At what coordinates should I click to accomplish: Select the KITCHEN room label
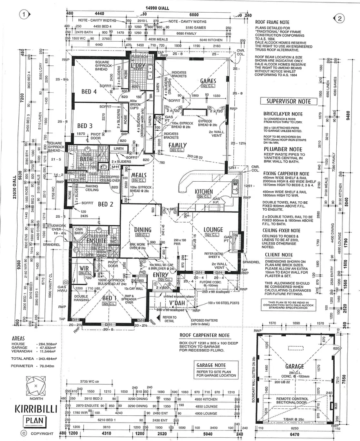tap(204, 192)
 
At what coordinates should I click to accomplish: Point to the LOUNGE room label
tap(213, 229)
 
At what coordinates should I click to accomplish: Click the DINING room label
tap(143, 229)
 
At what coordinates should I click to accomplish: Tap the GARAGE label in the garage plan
tap(295, 366)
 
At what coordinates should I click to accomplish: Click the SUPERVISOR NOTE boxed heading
tap(289, 101)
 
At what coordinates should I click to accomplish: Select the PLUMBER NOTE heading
tap(283, 149)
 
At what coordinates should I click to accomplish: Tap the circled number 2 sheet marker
tap(339, 18)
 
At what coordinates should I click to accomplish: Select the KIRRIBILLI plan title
tap(36, 408)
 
